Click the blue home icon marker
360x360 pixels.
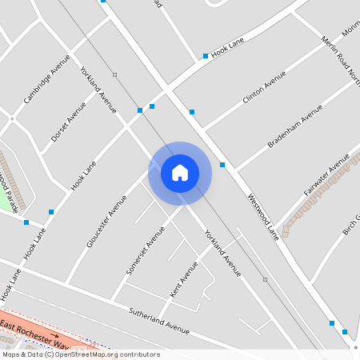tap(180, 173)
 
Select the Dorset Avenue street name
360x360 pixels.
tap(68, 122)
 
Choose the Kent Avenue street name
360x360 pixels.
tap(183, 277)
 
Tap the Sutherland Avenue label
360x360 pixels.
tap(159, 318)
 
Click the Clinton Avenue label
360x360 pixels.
tap(264, 88)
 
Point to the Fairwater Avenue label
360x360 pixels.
tap(326, 177)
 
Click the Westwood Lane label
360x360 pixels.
tap(263, 217)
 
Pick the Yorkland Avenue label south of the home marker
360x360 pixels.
tap(222, 254)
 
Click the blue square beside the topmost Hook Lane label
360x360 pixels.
tap(206, 56)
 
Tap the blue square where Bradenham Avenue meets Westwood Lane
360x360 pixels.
tap(222, 165)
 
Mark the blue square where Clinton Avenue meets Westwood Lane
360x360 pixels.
tap(191, 112)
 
